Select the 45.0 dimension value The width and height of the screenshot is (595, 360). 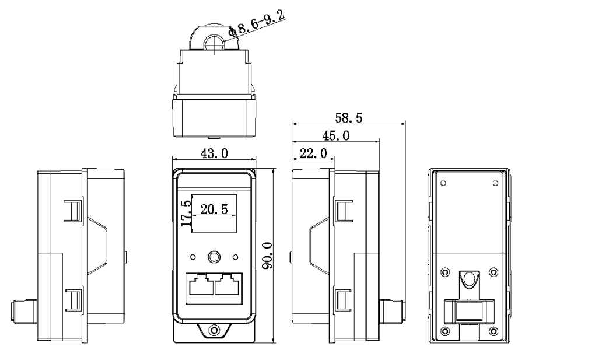[336, 135]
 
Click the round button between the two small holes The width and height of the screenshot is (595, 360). [214, 257]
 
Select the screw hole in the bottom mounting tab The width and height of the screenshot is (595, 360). [214, 330]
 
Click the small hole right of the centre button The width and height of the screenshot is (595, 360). [235, 257]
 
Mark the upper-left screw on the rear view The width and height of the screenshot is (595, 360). [445, 272]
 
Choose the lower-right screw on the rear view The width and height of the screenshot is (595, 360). [494, 331]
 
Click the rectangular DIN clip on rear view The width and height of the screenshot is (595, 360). [470, 312]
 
